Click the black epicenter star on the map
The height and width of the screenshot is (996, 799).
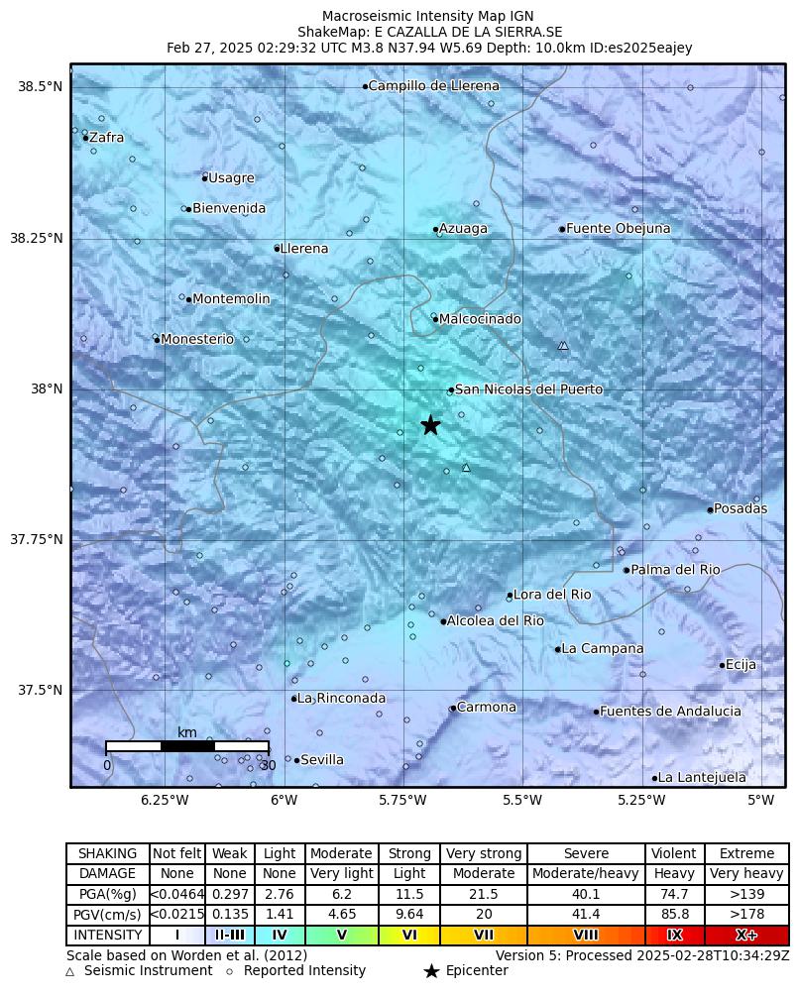430,425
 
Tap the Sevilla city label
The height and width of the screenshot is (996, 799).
322,760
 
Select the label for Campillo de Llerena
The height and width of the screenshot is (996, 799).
434,86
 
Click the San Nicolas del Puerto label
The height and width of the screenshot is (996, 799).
528,389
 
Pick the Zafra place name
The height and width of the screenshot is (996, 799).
106,138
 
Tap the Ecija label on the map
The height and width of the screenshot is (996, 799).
741,665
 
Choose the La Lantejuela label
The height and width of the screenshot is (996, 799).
702,778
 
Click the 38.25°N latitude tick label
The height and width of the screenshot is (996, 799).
36,239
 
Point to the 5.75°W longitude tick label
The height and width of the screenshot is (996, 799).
403,801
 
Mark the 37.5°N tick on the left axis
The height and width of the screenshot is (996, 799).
40,691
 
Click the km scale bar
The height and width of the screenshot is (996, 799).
187,745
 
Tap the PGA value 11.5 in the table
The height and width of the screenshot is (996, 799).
409,894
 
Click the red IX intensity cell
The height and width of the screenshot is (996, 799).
674,935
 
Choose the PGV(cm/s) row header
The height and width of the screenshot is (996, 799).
108,915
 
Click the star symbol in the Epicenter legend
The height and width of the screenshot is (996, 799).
431,971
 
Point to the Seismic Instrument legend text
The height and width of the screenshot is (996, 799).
148,971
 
